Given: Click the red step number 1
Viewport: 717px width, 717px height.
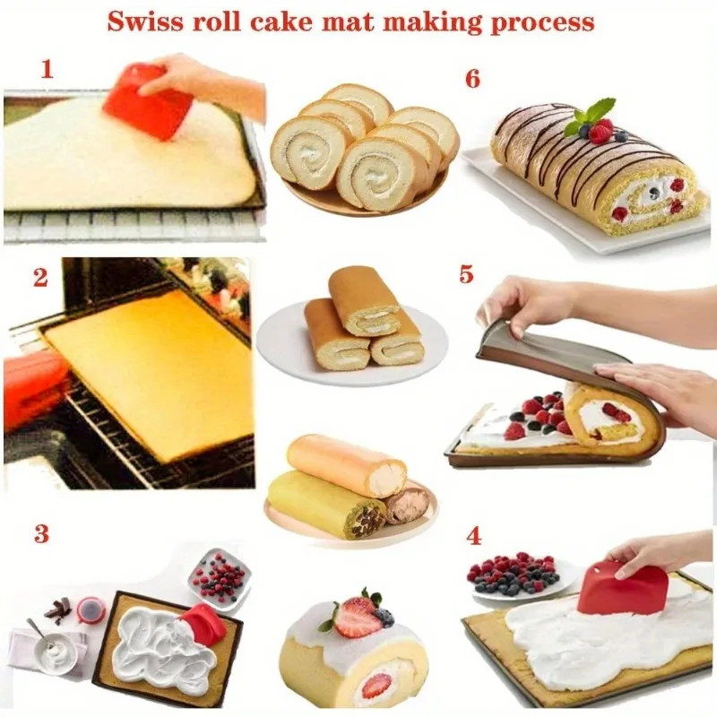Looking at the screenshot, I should click(47, 69).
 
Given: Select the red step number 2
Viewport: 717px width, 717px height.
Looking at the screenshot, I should click(40, 277).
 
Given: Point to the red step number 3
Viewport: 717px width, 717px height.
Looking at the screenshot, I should click(41, 534).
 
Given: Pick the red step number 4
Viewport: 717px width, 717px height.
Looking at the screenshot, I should click(474, 537).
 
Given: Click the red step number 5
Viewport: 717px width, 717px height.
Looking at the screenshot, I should click(466, 274).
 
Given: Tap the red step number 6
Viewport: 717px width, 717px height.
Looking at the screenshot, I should click(473, 79).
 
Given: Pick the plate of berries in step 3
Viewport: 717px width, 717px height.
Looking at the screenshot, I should click(218, 578).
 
